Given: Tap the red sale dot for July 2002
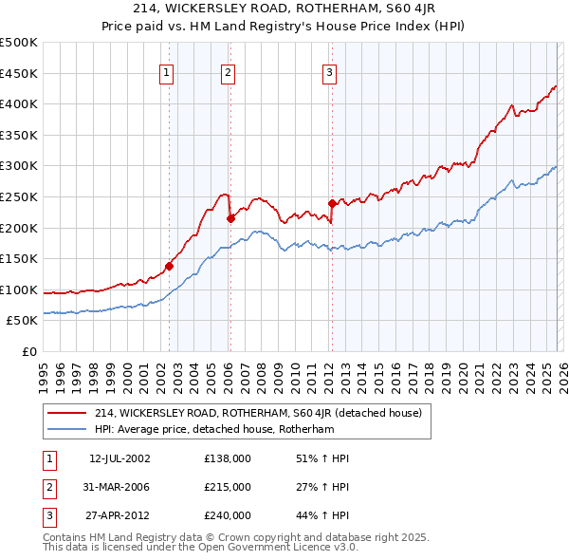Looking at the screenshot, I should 169,267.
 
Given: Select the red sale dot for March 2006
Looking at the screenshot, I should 230,218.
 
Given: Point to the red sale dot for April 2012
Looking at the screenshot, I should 332,203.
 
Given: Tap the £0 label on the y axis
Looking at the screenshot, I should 28,351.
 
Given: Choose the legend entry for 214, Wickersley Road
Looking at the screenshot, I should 264,413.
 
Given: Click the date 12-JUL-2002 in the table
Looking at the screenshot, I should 119,458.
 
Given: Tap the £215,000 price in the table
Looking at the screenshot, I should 228,487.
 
